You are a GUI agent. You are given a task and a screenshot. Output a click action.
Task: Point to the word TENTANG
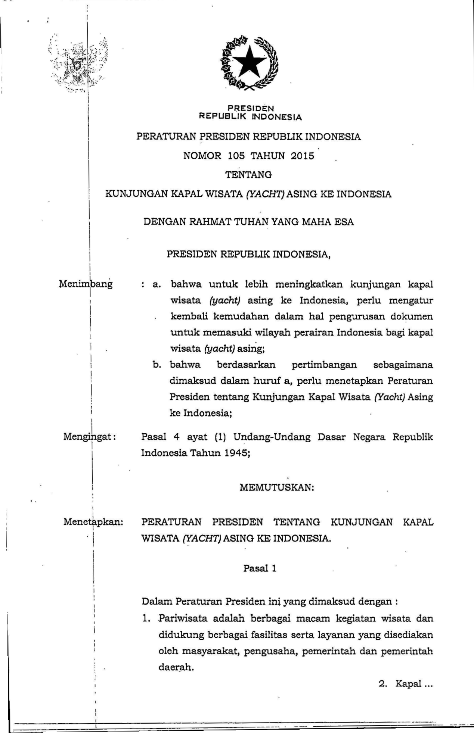[248, 174]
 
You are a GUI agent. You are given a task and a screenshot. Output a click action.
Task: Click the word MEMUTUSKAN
[276, 488]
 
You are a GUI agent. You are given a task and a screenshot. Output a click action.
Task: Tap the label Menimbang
[86, 284]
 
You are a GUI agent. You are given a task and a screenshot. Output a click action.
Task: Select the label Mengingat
[90, 436]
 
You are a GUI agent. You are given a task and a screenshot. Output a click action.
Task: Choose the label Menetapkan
[93, 521]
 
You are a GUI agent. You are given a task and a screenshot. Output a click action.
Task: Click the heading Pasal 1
[260, 568]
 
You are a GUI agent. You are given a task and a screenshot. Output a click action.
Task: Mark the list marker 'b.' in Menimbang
[157, 365]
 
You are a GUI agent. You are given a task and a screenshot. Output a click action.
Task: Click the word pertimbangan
[324, 365]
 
